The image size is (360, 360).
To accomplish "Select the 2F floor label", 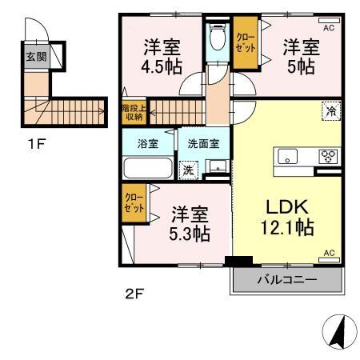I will click(133, 293).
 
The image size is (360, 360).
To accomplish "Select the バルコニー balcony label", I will click(286, 280).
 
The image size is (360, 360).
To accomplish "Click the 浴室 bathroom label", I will click(147, 145).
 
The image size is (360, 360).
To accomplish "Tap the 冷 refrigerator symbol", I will click(330, 113).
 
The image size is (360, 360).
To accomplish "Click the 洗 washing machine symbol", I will click(189, 170).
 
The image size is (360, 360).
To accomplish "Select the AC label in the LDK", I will click(329, 255).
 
